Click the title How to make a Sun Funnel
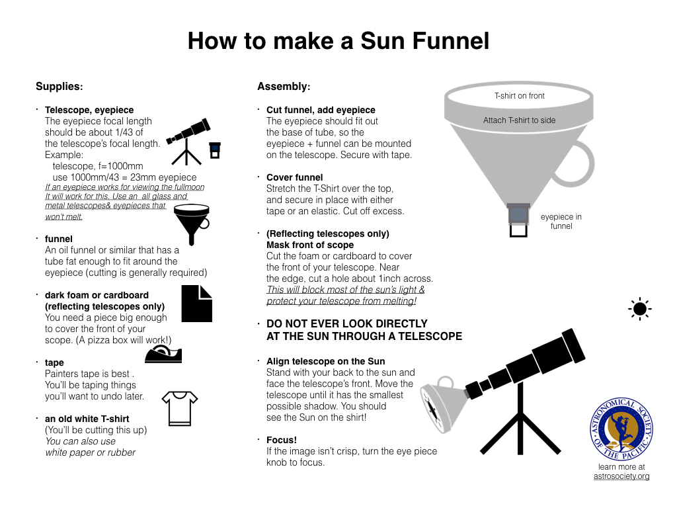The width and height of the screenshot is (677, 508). click(338, 41)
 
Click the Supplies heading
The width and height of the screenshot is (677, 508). click(60, 87)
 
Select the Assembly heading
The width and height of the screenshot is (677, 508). click(283, 87)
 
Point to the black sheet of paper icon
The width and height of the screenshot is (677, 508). click(197, 304)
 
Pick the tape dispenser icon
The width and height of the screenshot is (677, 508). click(163, 355)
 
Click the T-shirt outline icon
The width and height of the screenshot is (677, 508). click(180, 407)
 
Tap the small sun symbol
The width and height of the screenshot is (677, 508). click(639, 309)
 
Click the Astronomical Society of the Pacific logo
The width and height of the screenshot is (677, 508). click(621, 429)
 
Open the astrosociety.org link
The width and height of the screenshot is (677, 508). click(621, 476)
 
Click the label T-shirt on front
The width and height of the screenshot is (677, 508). click(520, 96)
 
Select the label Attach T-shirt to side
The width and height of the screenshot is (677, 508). click(520, 120)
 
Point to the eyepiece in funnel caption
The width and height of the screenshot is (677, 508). click(561, 222)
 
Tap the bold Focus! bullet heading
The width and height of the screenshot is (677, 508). click(282, 440)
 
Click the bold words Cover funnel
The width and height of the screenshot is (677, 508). click(294, 177)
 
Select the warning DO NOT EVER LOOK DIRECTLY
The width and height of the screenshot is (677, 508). click(347, 324)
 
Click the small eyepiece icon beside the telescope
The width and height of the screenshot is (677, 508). click(215, 150)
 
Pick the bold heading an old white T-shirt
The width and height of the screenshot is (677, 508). click(87, 419)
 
